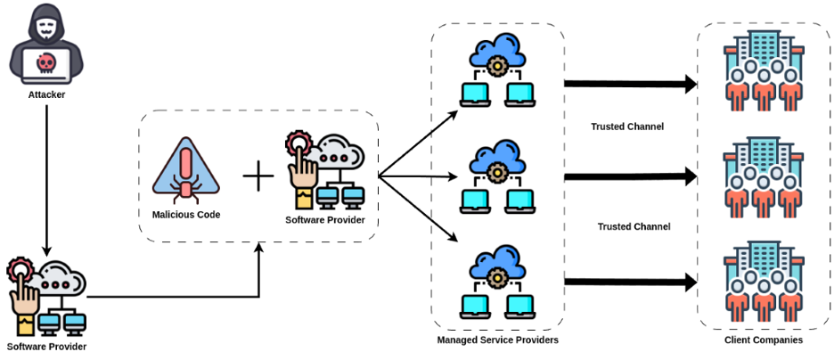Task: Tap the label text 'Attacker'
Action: click(45, 94)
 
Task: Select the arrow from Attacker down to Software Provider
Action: click(45, 178)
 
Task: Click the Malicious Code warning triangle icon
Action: click(185, 170)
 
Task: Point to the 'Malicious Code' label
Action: click(185, 215)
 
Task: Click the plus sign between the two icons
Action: click(258, 176)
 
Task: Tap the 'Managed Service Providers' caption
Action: click(497, 340)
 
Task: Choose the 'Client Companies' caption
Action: click(764, 340)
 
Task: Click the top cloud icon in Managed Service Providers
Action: click(496, 53)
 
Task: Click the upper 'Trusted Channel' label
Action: click(627, 127)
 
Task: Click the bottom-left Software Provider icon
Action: click(45, 295)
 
